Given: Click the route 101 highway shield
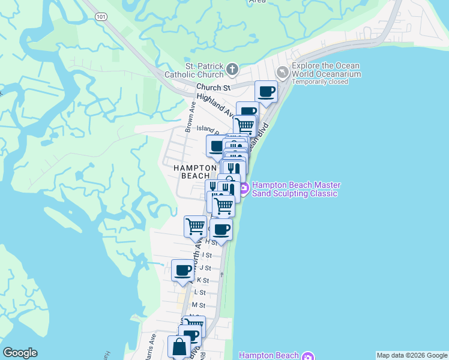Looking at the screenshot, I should pyautogui.click(x=101, y=17).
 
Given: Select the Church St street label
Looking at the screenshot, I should pyautogui.click(x=213, y=88).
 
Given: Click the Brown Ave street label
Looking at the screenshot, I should pyautogui.click(x=190, y=117).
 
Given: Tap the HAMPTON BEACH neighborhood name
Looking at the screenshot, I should pyautogui.click(x=196, y=172).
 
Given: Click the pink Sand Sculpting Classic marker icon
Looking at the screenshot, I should pyautogui.click(x=244, y=190).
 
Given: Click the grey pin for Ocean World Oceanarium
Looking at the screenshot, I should pyautogui.click(x=283, y=71).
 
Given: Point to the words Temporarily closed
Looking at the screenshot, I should pyautogui.click(x=319, y=82).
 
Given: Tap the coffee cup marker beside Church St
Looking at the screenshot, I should pyautogui.click(x=266, y=92).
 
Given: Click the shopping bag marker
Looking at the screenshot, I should pyautogui.click(x=179, y=347).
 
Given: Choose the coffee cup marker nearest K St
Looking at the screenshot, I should pyautogui.click(x=182, y=270).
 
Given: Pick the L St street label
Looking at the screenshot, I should pyautogui.click(x=200, y=293).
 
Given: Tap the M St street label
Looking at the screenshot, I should pyautogui.click(x=198, y=305).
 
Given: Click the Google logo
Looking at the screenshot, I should pyautogui.click(x=20, y=353).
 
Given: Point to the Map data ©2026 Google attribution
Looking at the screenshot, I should pyautogui.click(x=411, y=355).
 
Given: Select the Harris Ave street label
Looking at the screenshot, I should pyautogui.click(x=152, y=348).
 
